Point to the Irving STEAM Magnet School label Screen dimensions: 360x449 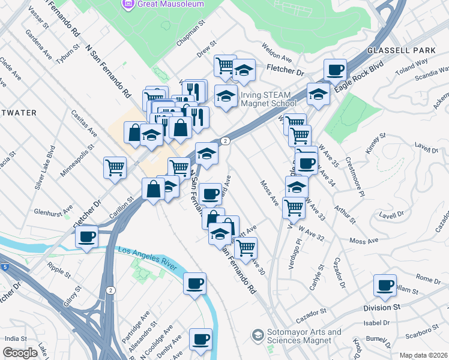tap(269, 98)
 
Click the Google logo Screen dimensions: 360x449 tap(20, 353)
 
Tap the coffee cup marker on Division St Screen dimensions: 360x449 tap(385, 286)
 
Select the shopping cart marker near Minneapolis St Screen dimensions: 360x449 tap(115, 167)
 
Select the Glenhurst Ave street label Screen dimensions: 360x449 tap(53, 211)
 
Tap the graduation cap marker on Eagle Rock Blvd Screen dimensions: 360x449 tap(318, 93)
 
